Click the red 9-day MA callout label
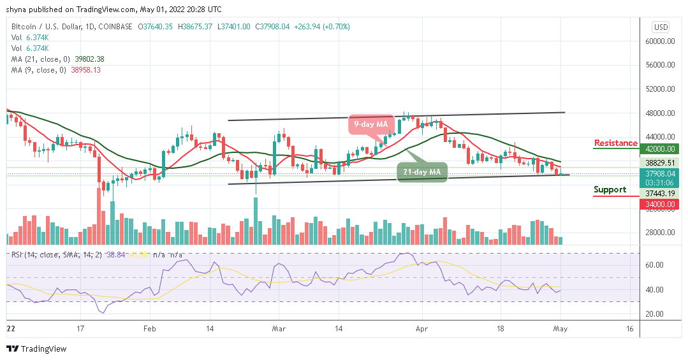pyautogui.click(x=369, y=125)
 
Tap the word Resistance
pyautogui.click(x=615, y=143)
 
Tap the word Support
pyautogui.click(x=610, y=189)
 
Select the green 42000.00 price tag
pyautogui.click(x=660, y=149)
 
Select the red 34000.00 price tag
pyautogui.click(x=660, y=204)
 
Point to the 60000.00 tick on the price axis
pyautogui.click(x=660, y=41)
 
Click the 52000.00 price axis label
pyautogui.click(x=660, y=89)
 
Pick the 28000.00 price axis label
pyautogui.click(x=660, y=232)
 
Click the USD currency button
pyautogui.click(x=661, y=27)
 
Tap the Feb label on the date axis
pyautogui.click(x=149, y=329)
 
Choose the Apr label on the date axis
pyautogui.click(x=421, y=329)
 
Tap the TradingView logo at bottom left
pyautogui.click(x=36, y=349)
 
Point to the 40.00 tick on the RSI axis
pyautogui.click(x=656, y=289)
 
